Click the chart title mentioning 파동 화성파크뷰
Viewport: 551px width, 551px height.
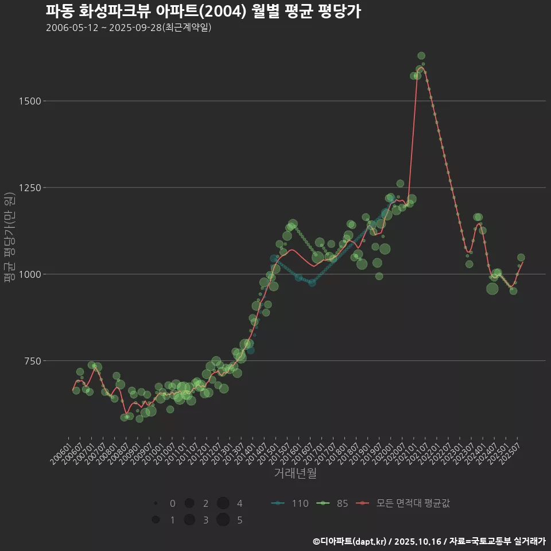click(x=203, y=11)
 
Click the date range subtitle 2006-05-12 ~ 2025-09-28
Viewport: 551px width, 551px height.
click(x=129, y=28)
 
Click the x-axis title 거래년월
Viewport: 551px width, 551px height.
click(x=296, y=474)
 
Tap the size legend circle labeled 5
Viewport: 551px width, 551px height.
click(x=223, y=520)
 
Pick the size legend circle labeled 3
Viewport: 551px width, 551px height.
click(x=189, y=520)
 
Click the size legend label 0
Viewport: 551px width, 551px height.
click(x=173, y=503)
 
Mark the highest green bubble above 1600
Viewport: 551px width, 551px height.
click(x=421, y=56)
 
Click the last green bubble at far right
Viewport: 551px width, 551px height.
click(x=521, y=258)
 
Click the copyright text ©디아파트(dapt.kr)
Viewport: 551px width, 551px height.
click(x=350, y=541)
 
